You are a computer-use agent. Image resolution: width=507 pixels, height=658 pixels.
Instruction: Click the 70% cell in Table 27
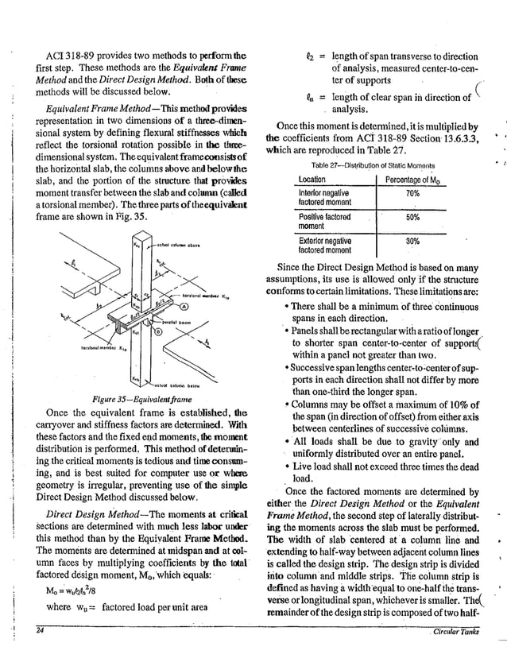click(412, 193)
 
